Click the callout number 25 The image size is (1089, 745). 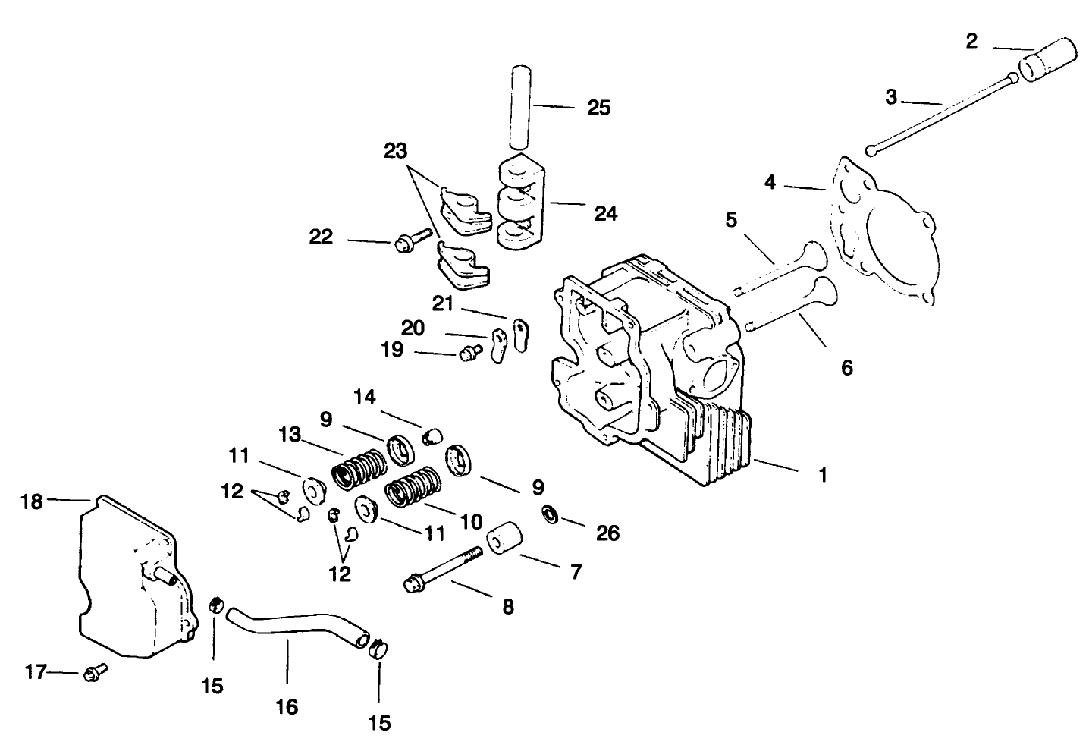pyautogui.click(x=598, y=108)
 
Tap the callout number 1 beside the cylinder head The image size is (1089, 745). pyautogui.click(x=823, y=476)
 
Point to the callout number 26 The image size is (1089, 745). pyautogui.click(x=607, y=533)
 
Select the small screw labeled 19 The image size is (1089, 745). pyautogui.click(x=472, y=352)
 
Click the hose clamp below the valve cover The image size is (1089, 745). pyautogui.click(x=215, y=605)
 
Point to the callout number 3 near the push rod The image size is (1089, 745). pyautogui.click(x=891, y=97)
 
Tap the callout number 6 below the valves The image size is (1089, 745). pyautogui.click(x=847, y=368)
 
